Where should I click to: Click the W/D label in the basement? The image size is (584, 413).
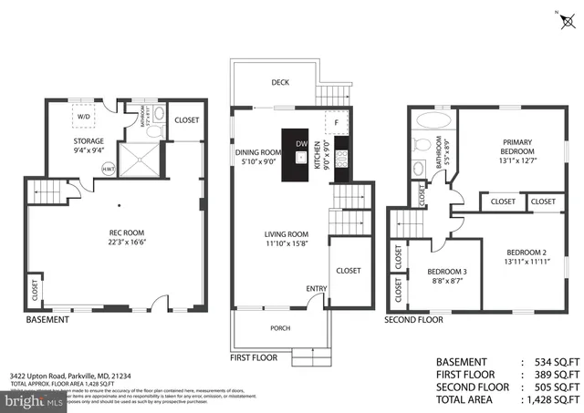tap(83, 117)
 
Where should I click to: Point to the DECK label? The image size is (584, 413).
tap(280, 83)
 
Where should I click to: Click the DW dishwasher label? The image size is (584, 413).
tap(300, 143)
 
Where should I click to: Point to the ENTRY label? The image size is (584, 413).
tap(316, 289)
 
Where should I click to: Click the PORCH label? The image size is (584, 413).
tap(280, 328)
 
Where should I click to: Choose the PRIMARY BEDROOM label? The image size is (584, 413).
tap(516, 148)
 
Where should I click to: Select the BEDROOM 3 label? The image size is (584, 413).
tap(446, 276)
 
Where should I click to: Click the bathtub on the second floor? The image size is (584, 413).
tap(427, 122)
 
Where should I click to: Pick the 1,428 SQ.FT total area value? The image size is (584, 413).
tap(554, 399)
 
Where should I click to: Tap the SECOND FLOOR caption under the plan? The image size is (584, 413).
tap(414, 321)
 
